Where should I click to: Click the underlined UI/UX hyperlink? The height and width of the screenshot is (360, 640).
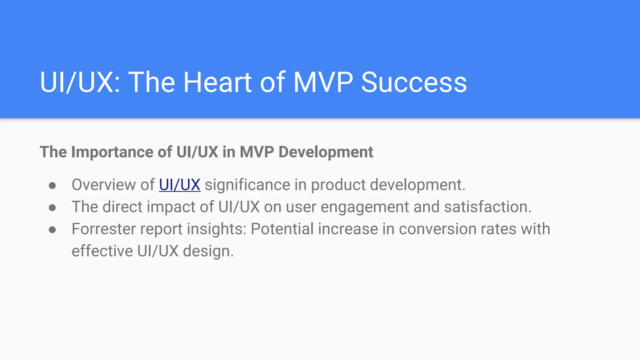pos(180,185)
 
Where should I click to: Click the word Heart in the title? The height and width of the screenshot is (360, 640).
pos(217,82)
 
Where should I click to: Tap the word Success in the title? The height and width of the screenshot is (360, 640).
pos(414,82)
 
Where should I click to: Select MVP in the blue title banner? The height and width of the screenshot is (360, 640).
pos(323,82)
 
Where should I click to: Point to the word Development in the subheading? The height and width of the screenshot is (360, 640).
pos(326,152)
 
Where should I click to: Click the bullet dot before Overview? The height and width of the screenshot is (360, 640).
pos(52,186)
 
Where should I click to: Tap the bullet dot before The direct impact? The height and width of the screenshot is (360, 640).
pos(52,208)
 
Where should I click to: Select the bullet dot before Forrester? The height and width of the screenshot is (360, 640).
pos(52,230)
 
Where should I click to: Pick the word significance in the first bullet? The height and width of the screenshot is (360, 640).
pos(247,185)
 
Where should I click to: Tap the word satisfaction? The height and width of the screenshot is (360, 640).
pos(487,207)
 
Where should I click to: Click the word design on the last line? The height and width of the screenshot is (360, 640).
pos(208,251)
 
